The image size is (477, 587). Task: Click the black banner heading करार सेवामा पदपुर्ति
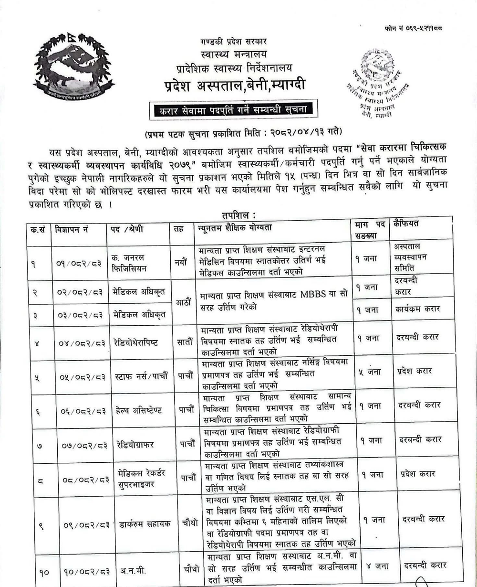pyautogui.click(x=233, y=110)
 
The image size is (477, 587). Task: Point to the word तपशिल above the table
pyautogui.click(x=238, y=215)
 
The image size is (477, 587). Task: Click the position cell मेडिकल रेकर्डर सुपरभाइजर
pyautogui.click(x=142, y=478)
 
